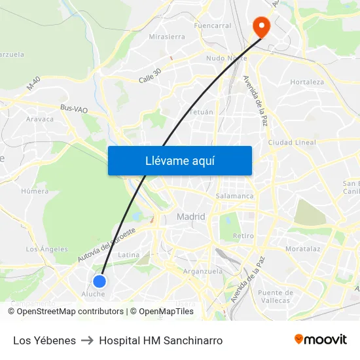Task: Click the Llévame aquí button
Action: point(180,160)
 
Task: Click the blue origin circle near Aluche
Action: point(99,281)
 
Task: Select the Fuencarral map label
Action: point(212,26)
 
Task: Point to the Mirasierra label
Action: point(167,37)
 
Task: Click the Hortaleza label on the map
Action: point(307,82)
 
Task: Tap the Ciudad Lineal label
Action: point(292,143)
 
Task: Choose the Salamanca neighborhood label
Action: point(234,196)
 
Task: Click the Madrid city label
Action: point(190,217)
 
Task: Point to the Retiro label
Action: point(243,236)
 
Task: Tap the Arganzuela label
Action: point(203,271)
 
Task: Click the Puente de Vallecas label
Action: point(274,297)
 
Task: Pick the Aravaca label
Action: point(40,119)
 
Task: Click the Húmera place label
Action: point(35,192)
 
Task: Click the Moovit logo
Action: point(321,340)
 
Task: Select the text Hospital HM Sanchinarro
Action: point(160,340)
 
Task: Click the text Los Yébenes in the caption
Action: point(45,340)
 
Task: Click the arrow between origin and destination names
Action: point(87,340)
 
